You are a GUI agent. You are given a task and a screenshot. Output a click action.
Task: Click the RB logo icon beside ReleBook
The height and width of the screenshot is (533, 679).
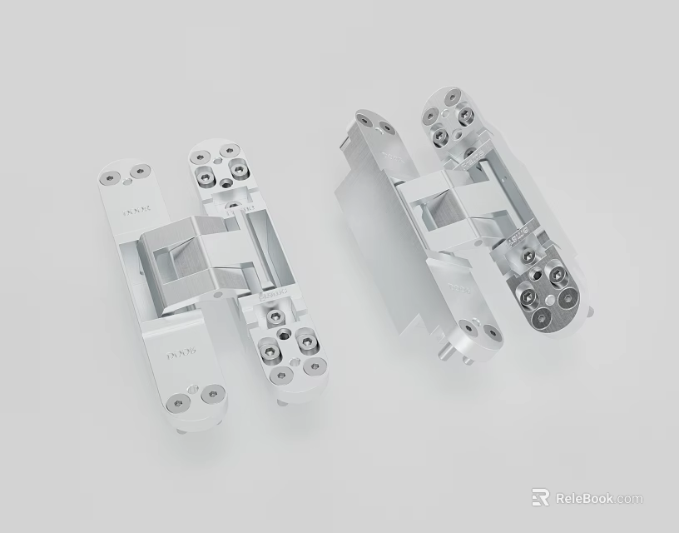click(541, 497)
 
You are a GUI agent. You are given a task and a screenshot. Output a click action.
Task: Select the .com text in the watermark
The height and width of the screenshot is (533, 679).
click(630, 499)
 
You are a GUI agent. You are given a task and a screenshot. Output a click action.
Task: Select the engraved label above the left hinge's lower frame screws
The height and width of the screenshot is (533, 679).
click(273, 294)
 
